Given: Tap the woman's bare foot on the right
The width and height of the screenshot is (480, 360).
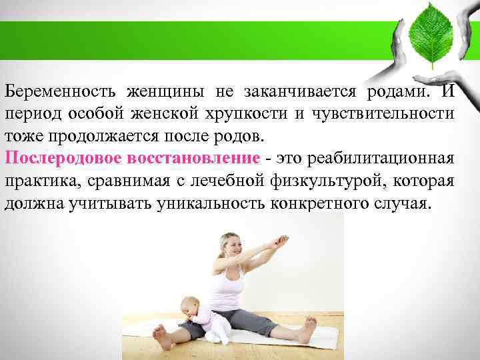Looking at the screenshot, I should click(308, 329).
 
